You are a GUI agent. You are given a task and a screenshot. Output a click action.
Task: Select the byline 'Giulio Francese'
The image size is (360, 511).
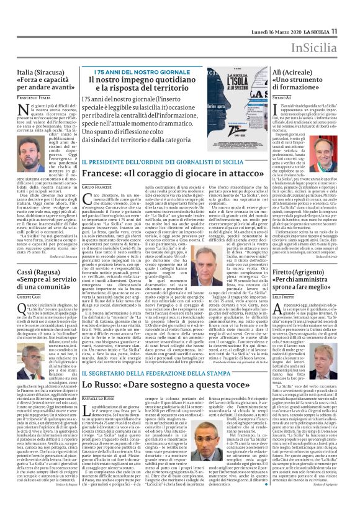pos(96,187)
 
